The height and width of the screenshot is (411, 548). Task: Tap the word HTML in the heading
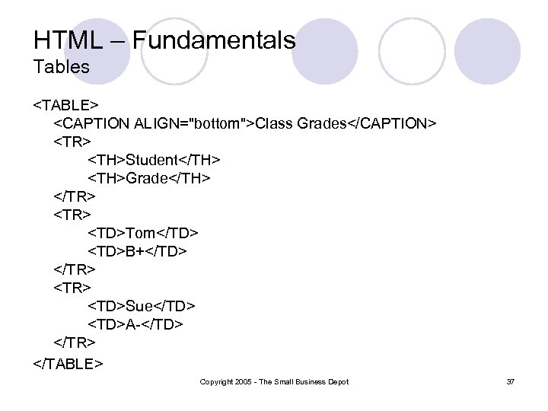pyautogui.click(x=65, y=40)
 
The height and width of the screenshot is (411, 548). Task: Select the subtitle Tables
pyautogui.click(x=61, y=67)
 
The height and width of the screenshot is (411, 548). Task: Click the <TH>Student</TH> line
pyautogui.click(x=154, y=160)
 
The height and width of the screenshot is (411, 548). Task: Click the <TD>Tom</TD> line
pyautogui.click(x=143, y=233)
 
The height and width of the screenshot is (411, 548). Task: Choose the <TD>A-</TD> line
pyautogui.click(x=135, y=325)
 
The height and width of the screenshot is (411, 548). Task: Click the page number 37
pyautogui.click(x=510, y=381)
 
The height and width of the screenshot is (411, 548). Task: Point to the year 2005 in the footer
pyautogui.click(x=241, y=381)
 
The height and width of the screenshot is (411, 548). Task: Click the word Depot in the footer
pyautogui.click(x=337, y=381)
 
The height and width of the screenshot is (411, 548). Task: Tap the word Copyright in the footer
pyautogui.click(x=215, y=381)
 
